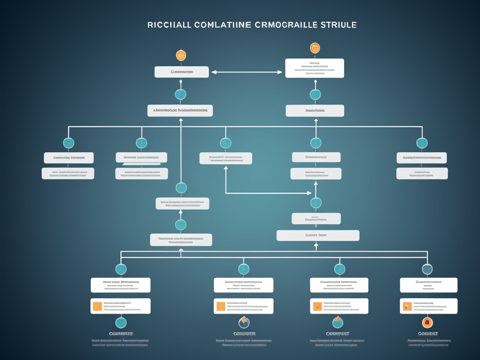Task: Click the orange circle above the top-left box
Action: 181,55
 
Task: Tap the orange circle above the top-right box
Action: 315,48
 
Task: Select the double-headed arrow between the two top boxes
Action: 247,72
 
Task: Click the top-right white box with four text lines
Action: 315,68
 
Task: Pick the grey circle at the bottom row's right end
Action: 427,269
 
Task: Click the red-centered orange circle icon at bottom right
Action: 427,322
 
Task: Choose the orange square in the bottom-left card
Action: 97,306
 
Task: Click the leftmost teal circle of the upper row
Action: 68,143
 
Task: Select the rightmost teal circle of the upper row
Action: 422,143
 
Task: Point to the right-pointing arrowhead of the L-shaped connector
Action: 309,193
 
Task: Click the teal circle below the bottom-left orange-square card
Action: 121,322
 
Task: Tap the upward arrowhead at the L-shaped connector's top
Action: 226,167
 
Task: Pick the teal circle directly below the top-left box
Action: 180,94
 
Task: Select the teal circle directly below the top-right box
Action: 315,94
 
